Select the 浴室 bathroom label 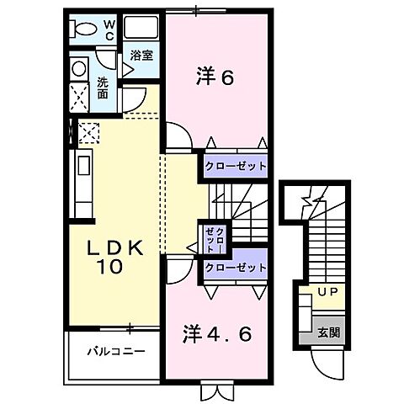(141, 56)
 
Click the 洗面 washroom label (102, 88)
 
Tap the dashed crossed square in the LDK (88, 130)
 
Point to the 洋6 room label (215, 78)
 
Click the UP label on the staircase (327, 293)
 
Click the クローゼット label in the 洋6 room (235, 166)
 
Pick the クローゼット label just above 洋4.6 (235, 267)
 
